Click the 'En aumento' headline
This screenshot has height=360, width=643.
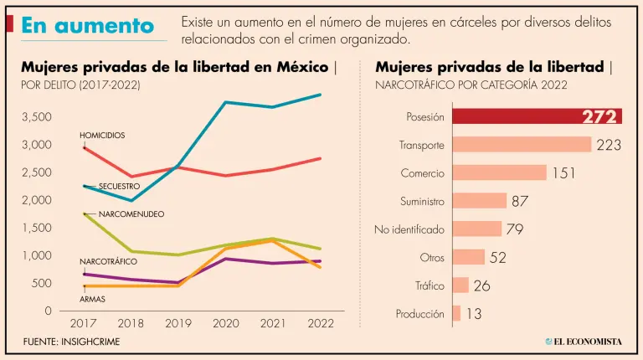pos(88,27)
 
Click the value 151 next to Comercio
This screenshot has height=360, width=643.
pos(562,172)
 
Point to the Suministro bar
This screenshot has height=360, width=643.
pos(480,201)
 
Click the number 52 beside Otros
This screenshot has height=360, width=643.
pos(497,257)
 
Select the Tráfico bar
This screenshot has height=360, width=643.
pos(460,285)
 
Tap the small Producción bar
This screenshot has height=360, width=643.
pos(456,314)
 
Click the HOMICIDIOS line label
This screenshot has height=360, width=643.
pos(102,135)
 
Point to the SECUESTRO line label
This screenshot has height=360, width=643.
pos(119,185)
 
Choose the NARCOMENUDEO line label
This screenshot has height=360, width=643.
pos(131,214)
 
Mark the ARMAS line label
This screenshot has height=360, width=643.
pos(92,298)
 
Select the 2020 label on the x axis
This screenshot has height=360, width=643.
pos(227,323)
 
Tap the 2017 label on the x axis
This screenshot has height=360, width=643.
pos(84,323)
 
